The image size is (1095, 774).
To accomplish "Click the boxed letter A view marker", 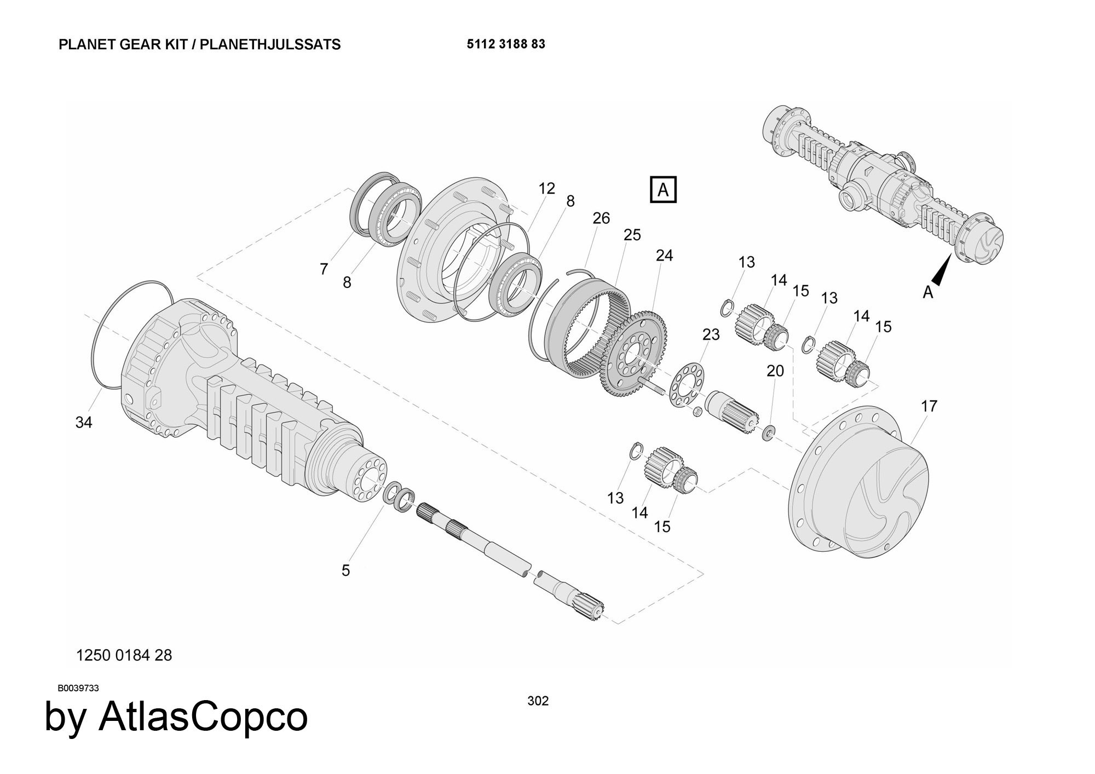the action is (x=663, y=189).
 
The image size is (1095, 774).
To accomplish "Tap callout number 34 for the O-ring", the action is (x=84, y=422).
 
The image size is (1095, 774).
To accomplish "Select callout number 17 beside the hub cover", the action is (x=929, y=406).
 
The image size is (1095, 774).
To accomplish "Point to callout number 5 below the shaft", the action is (x=345, y=570).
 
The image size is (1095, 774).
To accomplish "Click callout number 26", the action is (x=601, y=218).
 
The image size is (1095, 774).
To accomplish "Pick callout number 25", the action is (x=632, y=235).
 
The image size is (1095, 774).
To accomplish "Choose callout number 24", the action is (x=664, y=255).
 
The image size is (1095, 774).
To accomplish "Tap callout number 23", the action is (x=711, y=334).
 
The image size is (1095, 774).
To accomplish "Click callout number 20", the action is (x=775, y=371).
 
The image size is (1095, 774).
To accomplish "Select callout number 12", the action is (x=546, y=188).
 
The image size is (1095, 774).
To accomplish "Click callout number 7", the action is (x=324, y=269).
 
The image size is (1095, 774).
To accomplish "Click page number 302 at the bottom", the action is (x=538, y=701).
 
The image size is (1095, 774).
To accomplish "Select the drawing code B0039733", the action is (x=78, y=688).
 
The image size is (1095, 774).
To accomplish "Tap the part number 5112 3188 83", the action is (x=506, y=44).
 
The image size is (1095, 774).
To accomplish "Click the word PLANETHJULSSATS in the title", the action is (x=270, y=44).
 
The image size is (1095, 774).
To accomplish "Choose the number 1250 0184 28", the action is (x=124, y=655).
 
